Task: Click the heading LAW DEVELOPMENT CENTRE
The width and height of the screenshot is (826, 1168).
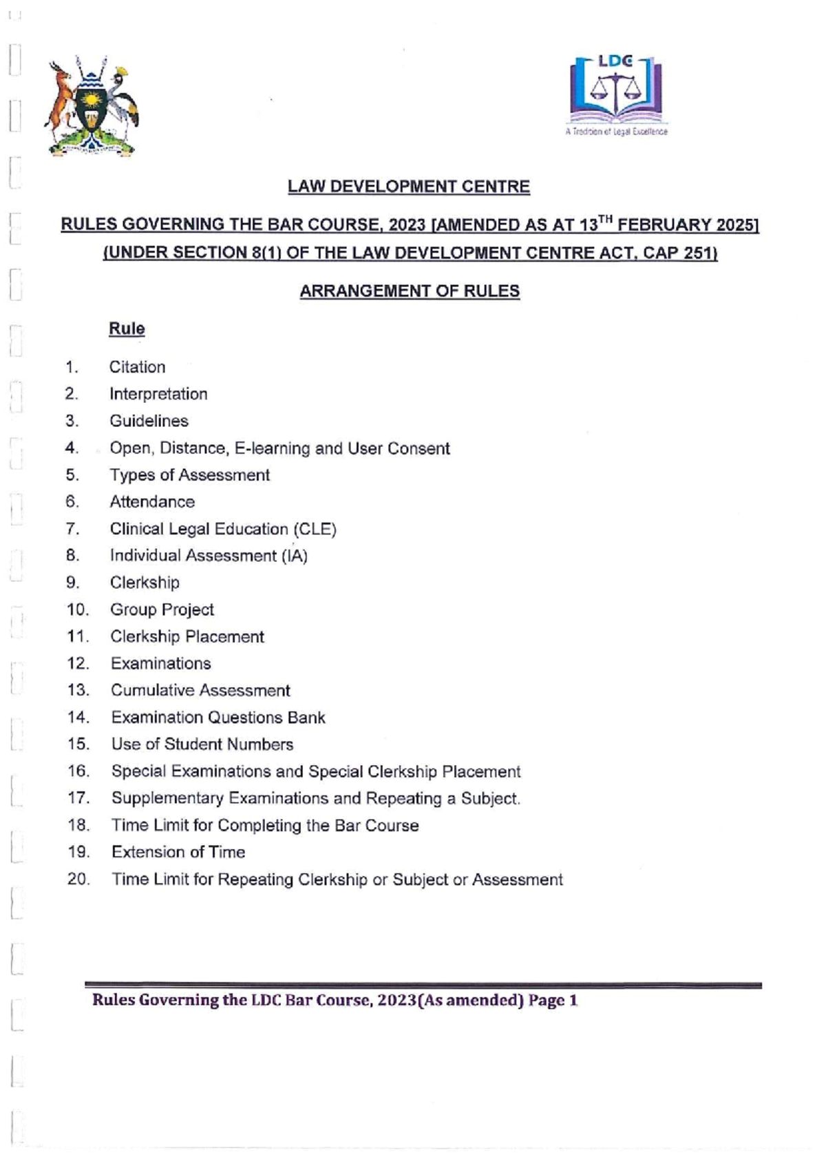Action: coord(409,187)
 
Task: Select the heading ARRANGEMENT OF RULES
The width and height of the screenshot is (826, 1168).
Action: coord(410,291)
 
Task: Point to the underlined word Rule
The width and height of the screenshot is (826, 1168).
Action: coord(127,328)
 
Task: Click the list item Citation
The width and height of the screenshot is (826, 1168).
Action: coord(137,367)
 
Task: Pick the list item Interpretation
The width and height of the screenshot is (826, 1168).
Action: coord(158,394)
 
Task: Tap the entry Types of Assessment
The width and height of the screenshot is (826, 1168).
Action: coord(189,475)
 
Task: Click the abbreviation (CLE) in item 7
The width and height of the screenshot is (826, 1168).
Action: coord(315,529)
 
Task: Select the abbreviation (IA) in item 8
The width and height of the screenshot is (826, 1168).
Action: coord(294,556)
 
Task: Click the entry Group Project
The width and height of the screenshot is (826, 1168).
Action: coord(162,609)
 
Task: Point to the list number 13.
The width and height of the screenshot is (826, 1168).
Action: coord(78,690)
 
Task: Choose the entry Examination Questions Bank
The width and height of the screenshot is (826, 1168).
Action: coord(218,718)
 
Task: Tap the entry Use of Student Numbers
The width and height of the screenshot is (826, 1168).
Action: coord(202,744)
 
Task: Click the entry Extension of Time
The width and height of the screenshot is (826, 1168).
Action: coord(178,852)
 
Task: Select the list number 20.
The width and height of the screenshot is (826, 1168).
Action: coord(78,879)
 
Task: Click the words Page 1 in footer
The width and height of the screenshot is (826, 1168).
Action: coord(553,1000)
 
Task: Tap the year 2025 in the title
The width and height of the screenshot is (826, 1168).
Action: coord(736,225)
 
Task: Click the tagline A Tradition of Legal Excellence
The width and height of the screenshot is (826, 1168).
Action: coord(616,132)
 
